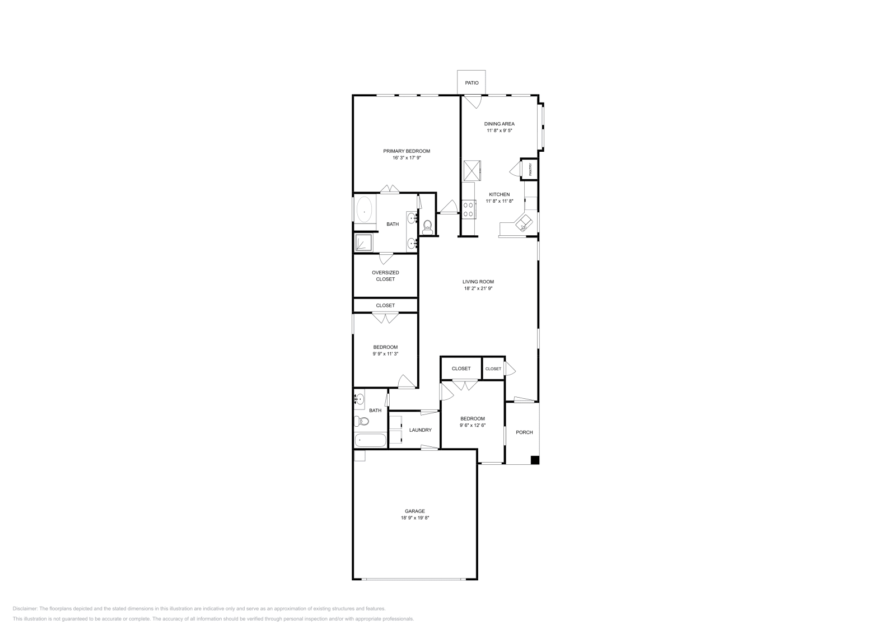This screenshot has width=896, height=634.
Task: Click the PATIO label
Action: [472, 83]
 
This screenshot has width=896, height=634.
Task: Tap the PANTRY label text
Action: [530, 169]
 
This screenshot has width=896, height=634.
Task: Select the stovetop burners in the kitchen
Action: [469, 209]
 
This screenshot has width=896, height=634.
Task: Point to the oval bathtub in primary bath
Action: [365, 212]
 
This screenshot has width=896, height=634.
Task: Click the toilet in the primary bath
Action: [428, 226]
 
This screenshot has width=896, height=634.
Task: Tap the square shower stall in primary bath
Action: [364, 243]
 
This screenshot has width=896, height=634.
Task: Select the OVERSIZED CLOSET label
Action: [385, 276]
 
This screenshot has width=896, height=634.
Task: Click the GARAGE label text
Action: [415, 511]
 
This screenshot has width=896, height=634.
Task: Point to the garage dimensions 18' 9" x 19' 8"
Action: [415, 518]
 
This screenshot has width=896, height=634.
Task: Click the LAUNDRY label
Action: [420, 430]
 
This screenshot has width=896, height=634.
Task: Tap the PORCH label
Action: [524, 432]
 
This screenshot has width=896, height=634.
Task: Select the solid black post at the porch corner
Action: [535, 460]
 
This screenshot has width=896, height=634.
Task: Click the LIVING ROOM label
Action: [478, 282]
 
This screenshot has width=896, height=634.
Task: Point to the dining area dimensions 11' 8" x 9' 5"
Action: [499, 130]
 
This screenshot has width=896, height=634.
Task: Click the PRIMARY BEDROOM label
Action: [407, 151]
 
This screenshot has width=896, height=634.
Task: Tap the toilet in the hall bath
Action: [360, 421]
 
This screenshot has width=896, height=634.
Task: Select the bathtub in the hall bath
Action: [370, 440]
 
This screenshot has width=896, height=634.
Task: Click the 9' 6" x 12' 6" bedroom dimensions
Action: [473, 426]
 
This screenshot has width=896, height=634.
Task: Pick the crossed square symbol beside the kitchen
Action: [472, 170]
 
